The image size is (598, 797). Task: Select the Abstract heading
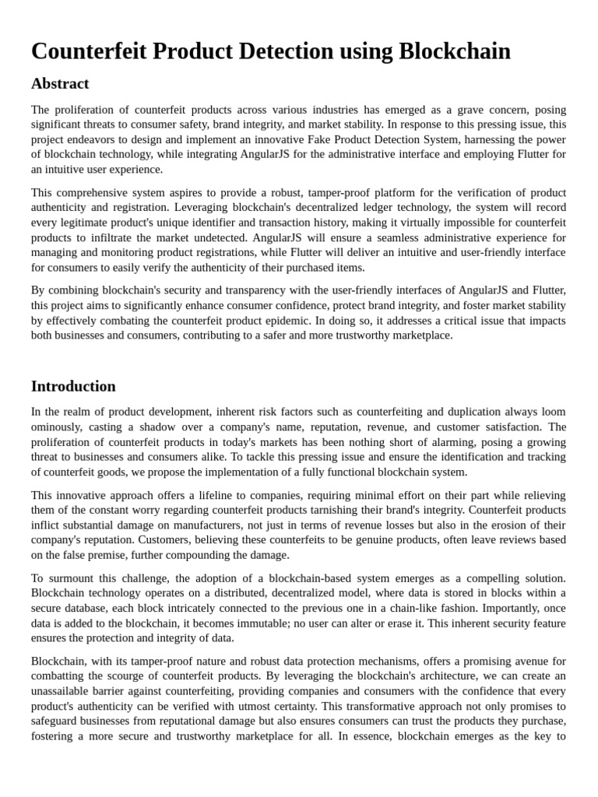pyautogui.click(x=60, y=83)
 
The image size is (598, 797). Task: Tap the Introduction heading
pyautogui.click(x=73, y=386)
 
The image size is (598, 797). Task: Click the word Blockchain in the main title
pyautogui.click(x=455, y=51)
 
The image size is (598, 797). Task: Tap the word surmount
pyautogui.click(x=72, y=578)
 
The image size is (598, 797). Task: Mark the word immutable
pyautogui.click(x=231, y=623)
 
